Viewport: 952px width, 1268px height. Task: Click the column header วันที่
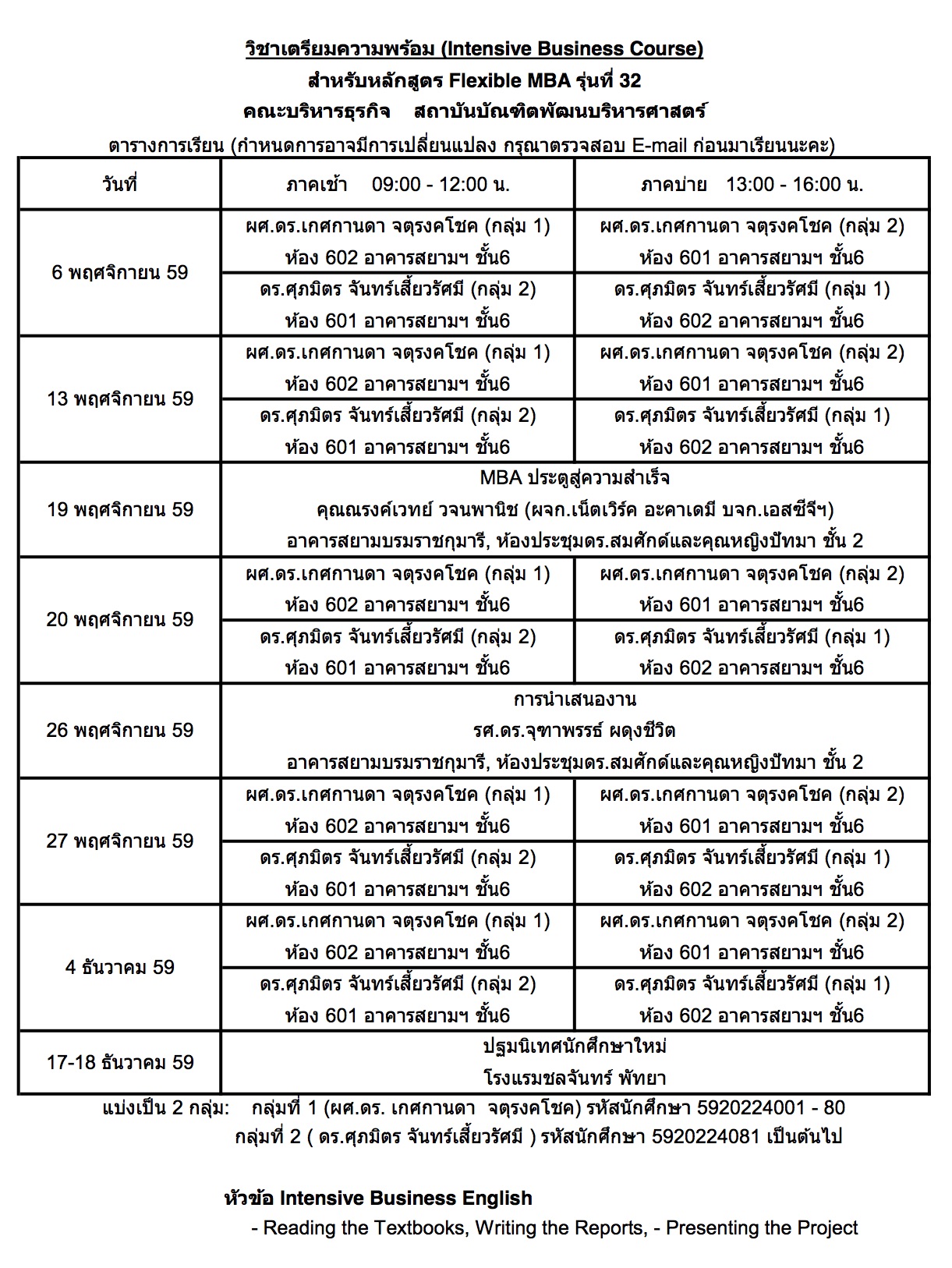119,185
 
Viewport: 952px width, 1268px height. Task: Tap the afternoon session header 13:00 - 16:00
794,185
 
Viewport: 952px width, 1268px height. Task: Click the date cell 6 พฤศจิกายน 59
119,273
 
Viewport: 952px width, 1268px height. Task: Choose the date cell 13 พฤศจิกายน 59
119,399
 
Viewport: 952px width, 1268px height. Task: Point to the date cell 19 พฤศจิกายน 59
119,510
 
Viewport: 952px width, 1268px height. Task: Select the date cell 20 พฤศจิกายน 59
119,620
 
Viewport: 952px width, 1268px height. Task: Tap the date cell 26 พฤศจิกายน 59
119,731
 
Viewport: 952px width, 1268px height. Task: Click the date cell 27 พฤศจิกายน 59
119,841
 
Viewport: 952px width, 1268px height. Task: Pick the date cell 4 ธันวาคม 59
119,968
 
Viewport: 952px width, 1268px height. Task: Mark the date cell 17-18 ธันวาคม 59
119,1062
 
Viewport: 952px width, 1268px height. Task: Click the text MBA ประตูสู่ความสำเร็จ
575,478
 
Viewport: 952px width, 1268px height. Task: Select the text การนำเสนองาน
575,700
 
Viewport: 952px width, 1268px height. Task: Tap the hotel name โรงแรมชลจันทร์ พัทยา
575,1079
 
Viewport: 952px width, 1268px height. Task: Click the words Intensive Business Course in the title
572,49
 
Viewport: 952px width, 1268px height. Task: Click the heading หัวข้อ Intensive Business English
378,1198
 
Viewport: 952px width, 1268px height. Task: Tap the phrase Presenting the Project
762,1228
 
